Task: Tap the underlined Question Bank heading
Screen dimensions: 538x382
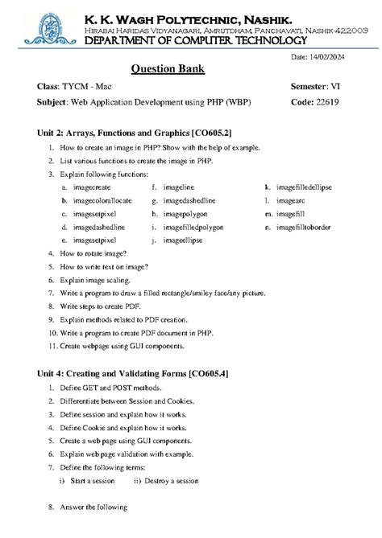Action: point(168,68)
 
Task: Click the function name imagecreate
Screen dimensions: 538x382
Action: point(90,187)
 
